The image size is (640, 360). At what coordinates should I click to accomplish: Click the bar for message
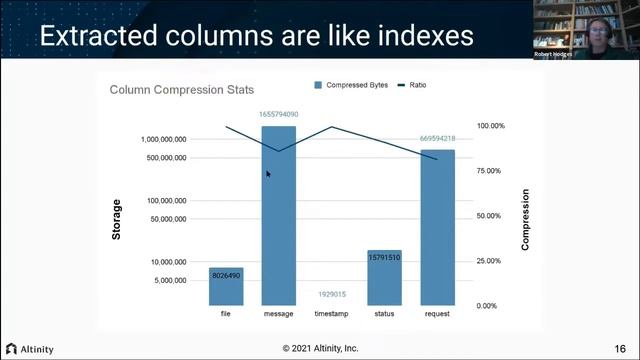279,215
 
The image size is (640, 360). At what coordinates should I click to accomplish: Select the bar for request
438,228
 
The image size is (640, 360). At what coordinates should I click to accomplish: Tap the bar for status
384,278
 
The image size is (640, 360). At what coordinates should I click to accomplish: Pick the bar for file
226,286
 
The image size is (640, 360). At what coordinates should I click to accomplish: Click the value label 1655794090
279,114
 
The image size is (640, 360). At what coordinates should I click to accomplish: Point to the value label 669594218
438,138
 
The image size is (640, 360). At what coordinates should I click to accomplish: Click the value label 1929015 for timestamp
332,294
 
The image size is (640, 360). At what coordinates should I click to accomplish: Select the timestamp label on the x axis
332,314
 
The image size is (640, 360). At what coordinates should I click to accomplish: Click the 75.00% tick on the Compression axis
489,171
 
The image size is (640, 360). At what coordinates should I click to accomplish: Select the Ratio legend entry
413,85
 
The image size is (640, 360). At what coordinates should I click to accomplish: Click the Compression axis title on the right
526,219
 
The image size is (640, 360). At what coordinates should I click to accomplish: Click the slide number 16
621,348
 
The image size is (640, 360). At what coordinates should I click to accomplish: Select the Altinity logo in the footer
30,349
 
